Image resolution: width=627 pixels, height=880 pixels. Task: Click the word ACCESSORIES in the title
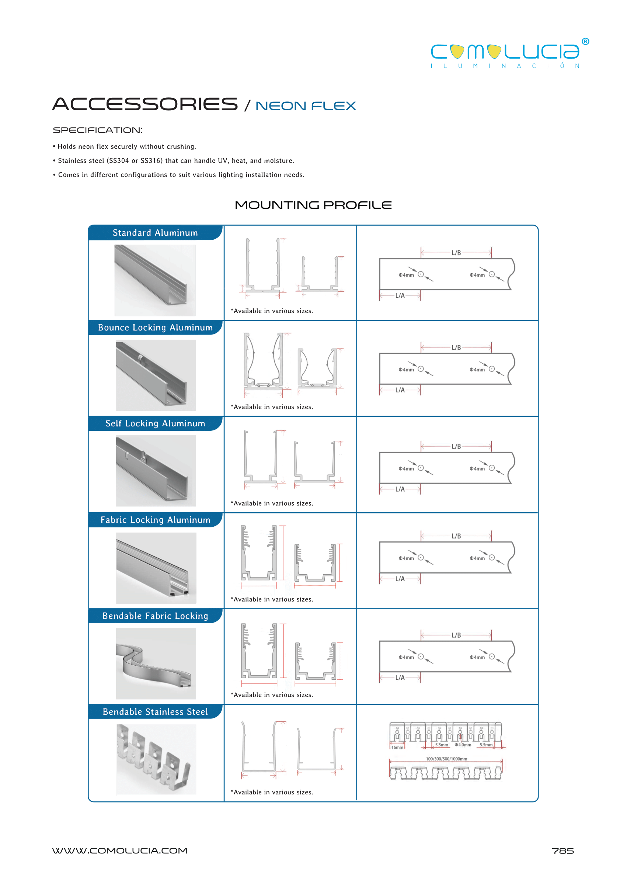click(x=145, y=104)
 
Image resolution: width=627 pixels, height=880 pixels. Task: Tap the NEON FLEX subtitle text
click(x=306, y=106)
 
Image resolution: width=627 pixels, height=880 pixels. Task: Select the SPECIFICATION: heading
click(x=97, y=130)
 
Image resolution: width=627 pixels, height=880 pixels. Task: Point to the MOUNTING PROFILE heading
click(x=313, y=205)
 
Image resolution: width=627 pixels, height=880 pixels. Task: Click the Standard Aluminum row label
click(x=155, y=233)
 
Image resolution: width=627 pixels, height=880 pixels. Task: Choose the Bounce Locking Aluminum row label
click(x=155, y=328)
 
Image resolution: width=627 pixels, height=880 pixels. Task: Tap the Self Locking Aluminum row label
click(x=155, y=423)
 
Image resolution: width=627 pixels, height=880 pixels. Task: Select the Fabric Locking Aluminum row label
click(x=155, y=520)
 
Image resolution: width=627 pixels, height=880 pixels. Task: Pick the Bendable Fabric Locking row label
click(x=155, y=616)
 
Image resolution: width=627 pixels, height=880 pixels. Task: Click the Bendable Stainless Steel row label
click(x=155, y=711)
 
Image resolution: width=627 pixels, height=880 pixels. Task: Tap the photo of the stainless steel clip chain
click(x=156, y=759)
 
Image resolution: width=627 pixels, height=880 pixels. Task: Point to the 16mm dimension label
click(x=397, y=748)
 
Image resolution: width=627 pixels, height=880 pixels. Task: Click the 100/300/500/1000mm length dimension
click(x=446, y=759)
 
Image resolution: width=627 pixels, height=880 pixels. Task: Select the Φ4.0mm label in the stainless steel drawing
click(x=463, y=745)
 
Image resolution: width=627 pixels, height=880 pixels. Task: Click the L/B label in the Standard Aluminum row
click(x=456, y=253)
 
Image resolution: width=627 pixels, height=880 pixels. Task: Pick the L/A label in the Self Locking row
click(x=400, y=489)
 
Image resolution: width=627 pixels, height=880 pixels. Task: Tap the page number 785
click(x=562, y=851)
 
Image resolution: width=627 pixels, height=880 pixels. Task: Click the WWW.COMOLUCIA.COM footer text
click(x=120, y=850)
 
